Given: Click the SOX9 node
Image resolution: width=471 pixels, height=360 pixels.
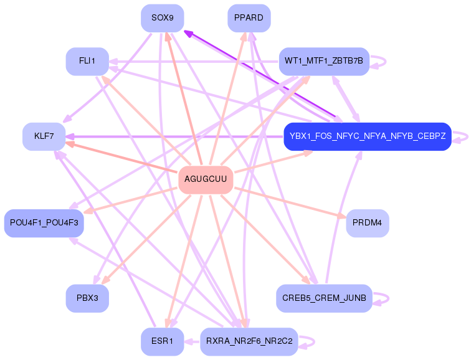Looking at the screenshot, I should pyautogui.click(x=162, y=18).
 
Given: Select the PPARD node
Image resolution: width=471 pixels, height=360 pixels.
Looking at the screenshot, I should pyautogui.click(x=249, y=18).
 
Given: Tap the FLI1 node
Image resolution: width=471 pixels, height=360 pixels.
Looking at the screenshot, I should pyautogui.click(x=87, y=61).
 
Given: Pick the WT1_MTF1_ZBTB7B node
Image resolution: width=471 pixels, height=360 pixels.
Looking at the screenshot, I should pyautogui.click(x=324, y=61).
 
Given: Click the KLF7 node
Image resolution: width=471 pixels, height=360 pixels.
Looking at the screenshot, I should pyautogui.click(x=44, y=136).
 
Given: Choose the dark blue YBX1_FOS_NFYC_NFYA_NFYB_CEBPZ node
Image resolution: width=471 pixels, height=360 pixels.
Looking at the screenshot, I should pyautogui.click(x=367, y=136).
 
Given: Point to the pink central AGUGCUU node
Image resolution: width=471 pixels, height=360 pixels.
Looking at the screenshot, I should pyautogui.click(x=206, y=179).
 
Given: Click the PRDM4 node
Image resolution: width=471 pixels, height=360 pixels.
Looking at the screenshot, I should pyautogui.click(x=367, y=223).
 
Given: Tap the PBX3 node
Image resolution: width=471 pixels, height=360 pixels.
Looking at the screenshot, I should pyautogui.click(x=87, y=298).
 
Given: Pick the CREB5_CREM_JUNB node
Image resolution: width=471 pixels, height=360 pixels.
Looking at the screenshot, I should pyautogui.click(x=324, y=298).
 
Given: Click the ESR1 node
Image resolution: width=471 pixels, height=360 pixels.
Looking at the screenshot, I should pyautogui.click(x=162, y=341).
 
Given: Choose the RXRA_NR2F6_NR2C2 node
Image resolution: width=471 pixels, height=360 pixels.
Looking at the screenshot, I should pyautogui.click(x=249, y=341).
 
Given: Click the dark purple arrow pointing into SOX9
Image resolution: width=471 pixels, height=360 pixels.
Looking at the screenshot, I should pyautogui.click(x=262, y=75).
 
